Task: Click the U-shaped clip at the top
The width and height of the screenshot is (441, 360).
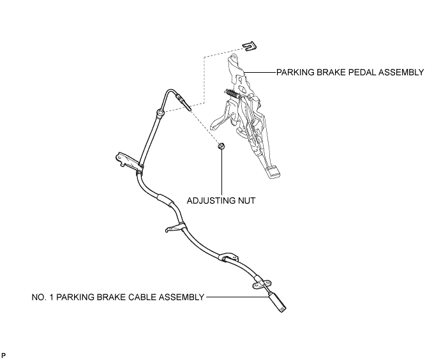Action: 250,47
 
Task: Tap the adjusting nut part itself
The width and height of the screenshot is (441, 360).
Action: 221,146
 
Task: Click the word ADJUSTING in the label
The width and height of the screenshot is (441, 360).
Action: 208,200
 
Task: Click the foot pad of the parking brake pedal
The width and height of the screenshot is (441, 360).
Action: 273,172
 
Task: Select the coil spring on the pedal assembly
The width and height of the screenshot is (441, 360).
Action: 233,93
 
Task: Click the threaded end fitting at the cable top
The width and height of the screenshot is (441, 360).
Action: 183,103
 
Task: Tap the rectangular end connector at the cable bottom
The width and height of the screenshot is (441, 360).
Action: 278,301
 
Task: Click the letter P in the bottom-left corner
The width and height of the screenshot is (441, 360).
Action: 3,356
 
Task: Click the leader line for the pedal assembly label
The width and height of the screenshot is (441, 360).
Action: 260,72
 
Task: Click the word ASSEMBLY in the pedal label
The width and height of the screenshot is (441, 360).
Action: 401,72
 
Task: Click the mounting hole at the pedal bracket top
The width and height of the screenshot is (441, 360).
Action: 232,57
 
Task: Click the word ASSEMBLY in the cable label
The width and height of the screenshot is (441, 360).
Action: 182,297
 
